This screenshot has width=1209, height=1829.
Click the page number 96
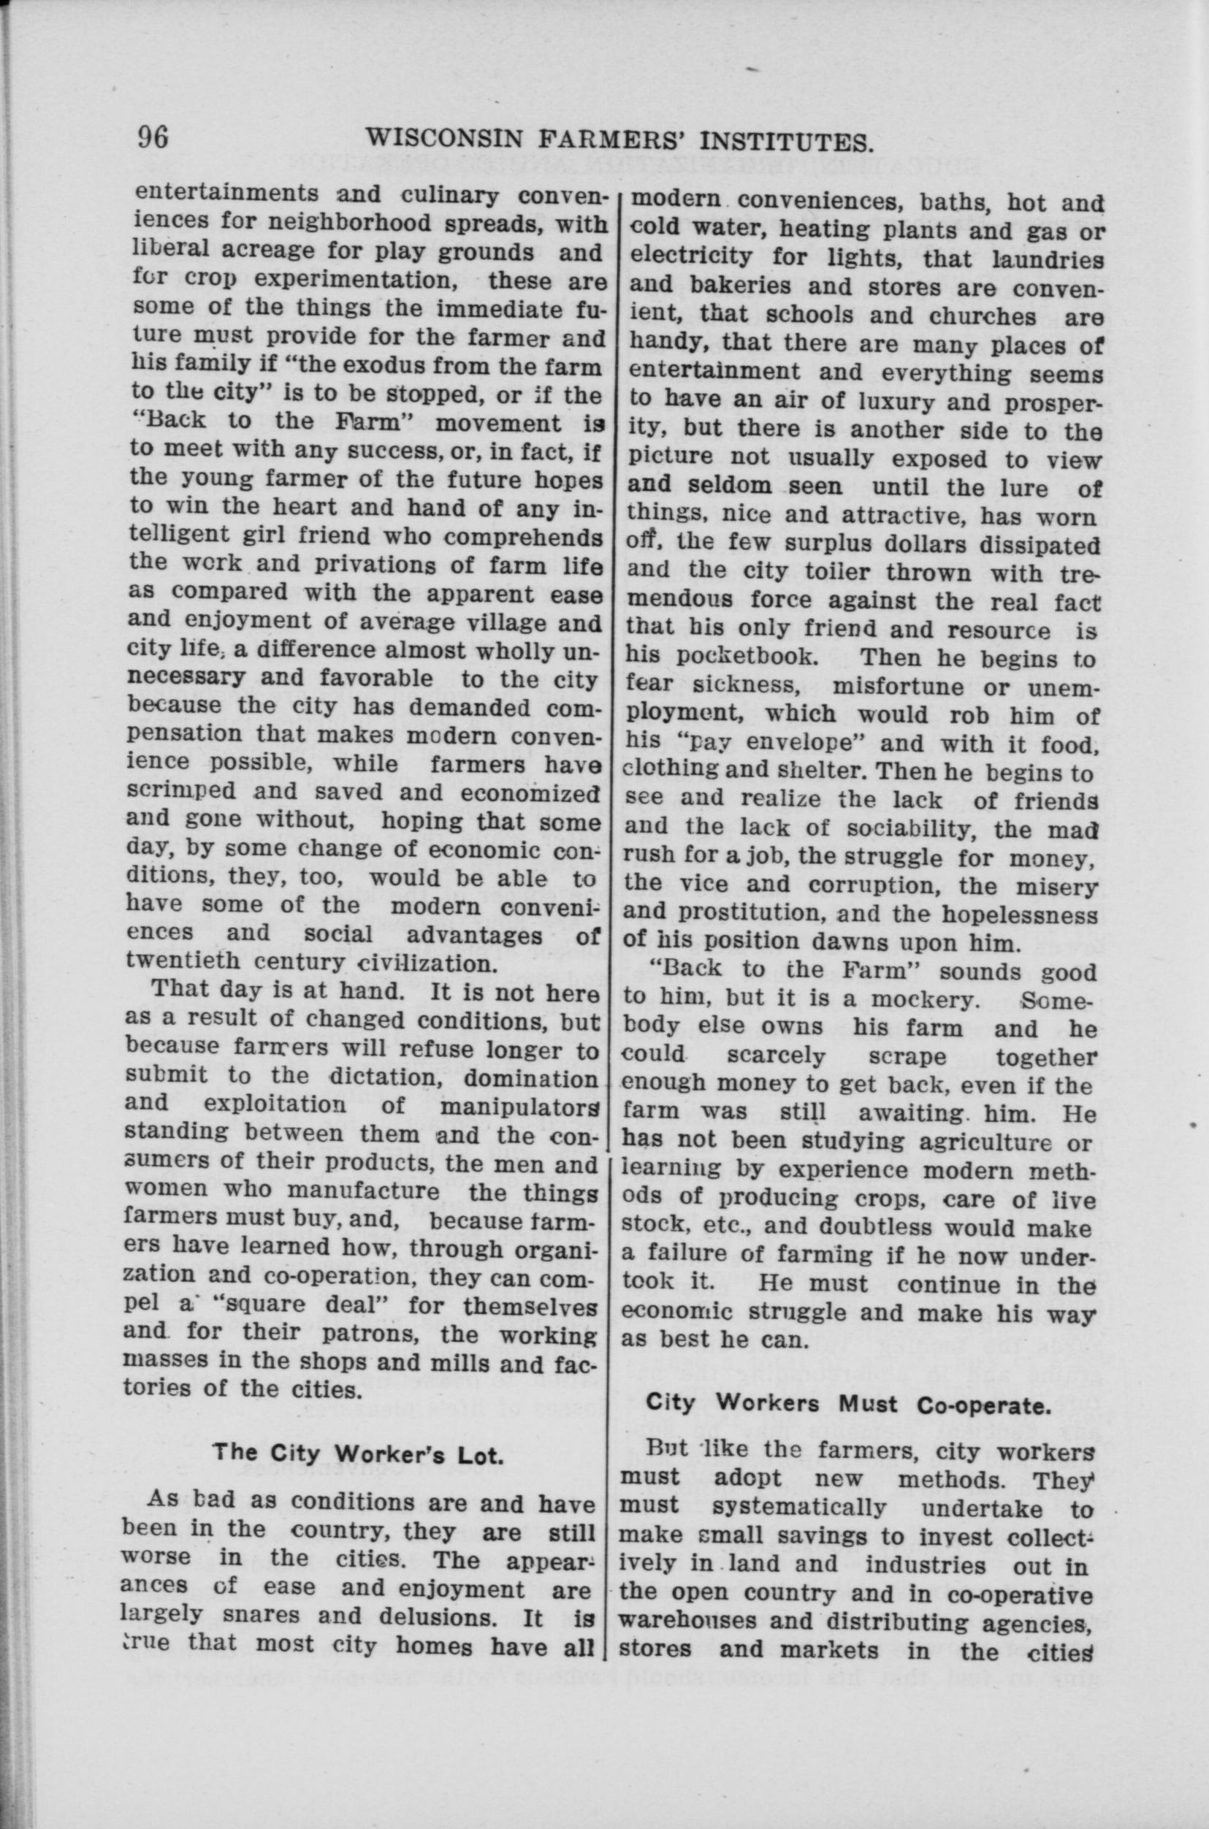pos(153,137)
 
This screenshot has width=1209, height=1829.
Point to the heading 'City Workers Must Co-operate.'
pos(848,1405)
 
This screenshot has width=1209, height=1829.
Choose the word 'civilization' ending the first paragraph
pos(434,963)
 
